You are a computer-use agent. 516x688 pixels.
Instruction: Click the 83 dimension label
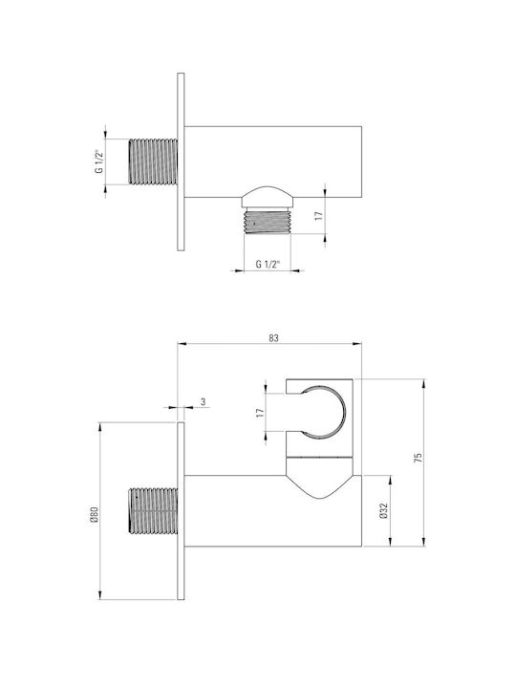pos(273,338)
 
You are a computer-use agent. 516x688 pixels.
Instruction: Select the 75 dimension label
pos(419,457)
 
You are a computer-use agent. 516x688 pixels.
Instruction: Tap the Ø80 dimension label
pos(94,514)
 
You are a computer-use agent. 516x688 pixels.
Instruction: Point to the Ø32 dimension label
pos(384,510)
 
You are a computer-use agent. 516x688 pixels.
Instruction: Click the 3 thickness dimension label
pos(203,401)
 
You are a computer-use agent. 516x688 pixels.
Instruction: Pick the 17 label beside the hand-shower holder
pos(260,413)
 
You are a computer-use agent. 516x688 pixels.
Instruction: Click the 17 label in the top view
pos(318,215)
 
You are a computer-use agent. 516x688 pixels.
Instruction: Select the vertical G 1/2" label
pos(99,161)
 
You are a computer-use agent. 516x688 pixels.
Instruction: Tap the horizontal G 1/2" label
pos(268,264)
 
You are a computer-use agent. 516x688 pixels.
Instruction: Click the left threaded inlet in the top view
pos(153,161)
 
